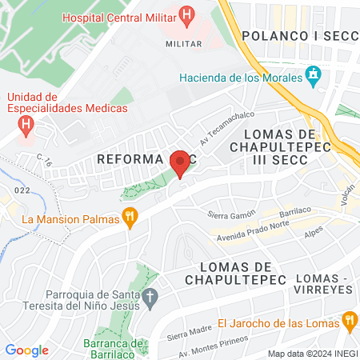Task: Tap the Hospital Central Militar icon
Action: [x=186, y=14]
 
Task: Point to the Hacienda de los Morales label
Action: [x=239, y=78]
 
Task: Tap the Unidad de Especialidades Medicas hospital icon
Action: [x=26, y=125]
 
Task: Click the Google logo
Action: [x=26, y=350]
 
